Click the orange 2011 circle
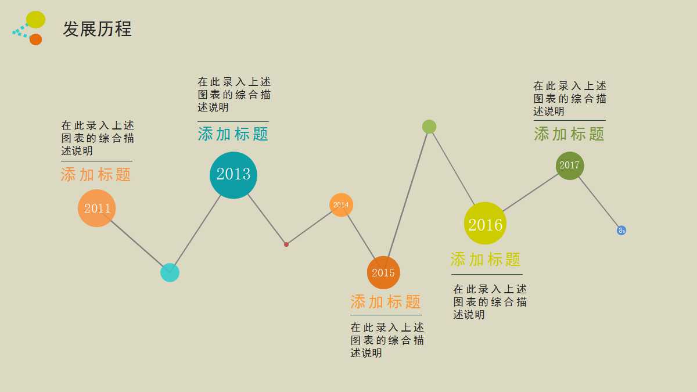[x=97, y=208]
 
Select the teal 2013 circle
[x=233, y=175]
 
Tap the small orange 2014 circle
[x=341, y=204]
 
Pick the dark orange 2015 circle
[x=383, y=272]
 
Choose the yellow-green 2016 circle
[x=485, y=224]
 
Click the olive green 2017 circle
[x=569, y=166]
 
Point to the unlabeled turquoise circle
[x=170, y=272]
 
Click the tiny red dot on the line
[x=286, y=244]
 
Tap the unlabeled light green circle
[x=429, y=127]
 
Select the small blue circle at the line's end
[x=621, y=231]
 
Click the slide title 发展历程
[x=97, y=29]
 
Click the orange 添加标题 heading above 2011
[x=96, y=175]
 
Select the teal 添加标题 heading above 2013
[x=233, y=134]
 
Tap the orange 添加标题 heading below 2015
[x=386, y=302]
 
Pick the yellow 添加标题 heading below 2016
[x=486, y=260]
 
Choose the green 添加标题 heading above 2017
[x=569, y=134]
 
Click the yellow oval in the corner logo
[x=35, y=19]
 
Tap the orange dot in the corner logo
[x=35, y=39]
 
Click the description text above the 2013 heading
[x=233, y=95]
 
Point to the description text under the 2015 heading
[x=387, y=340]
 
